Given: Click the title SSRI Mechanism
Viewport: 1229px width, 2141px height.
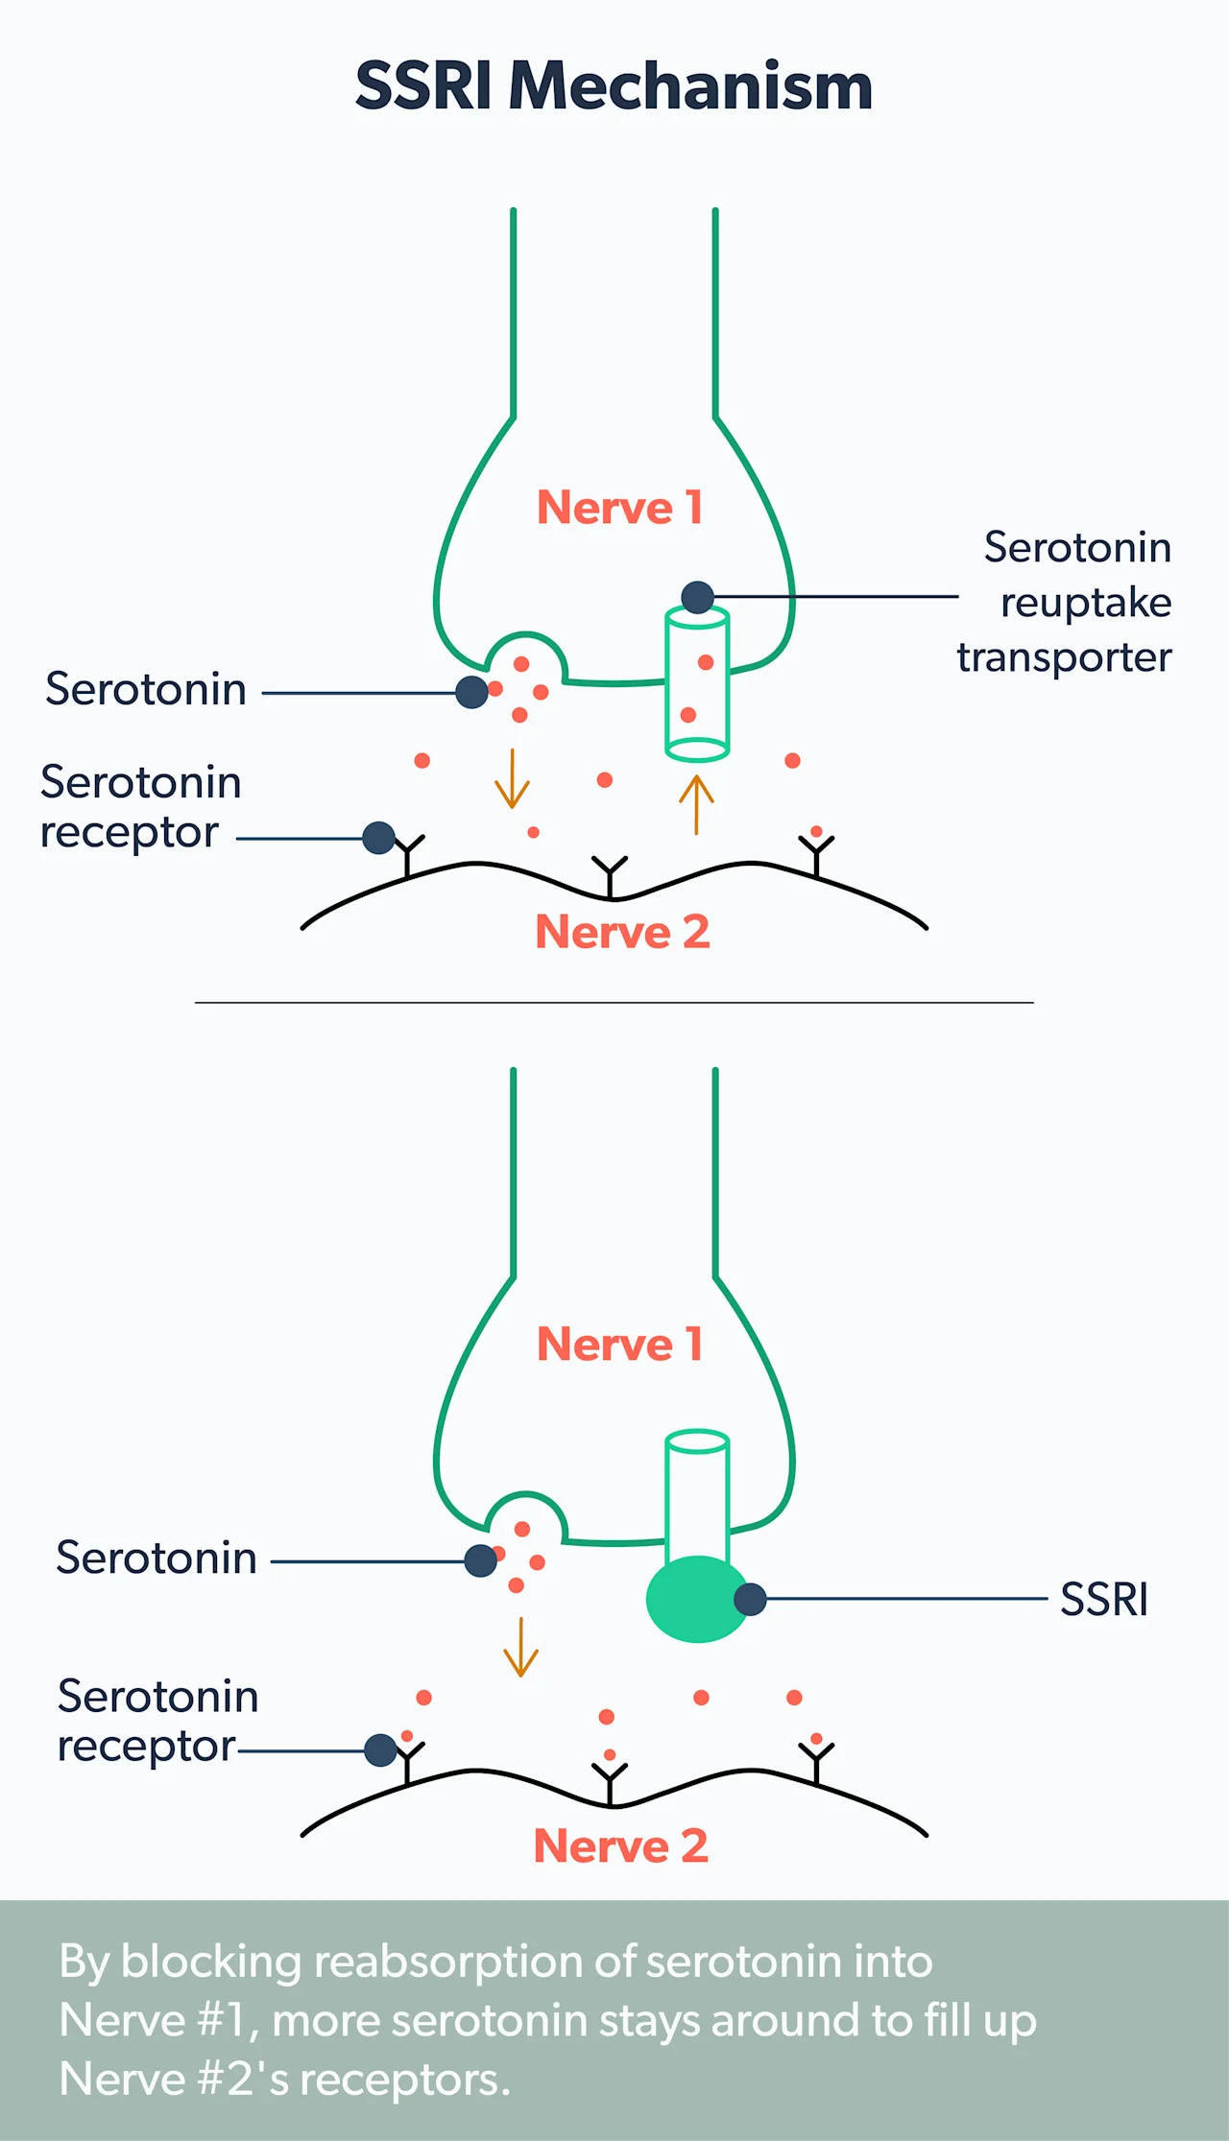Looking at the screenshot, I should [614, 86].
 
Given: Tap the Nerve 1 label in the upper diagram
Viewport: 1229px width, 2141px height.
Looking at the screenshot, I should [619, 508].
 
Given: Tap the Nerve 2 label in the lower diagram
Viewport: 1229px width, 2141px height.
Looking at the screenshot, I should [620, 1845].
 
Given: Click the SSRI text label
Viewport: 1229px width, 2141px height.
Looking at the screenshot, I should [1103, 1600].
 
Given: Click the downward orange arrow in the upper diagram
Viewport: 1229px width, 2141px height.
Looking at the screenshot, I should [512, 778].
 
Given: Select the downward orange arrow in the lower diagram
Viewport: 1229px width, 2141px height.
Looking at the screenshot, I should [520, 1647].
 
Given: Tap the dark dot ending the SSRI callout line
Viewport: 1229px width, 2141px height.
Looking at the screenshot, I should [750, 1599].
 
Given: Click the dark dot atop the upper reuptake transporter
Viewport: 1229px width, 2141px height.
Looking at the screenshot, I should [698, 597].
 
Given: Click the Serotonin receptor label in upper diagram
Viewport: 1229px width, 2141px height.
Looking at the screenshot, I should [139, 807].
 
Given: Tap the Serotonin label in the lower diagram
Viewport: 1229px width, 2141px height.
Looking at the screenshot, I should [157, 1558].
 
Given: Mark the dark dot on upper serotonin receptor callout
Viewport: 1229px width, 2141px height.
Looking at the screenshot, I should [379, 838].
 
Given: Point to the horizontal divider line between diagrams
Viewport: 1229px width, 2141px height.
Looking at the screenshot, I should [614, 1003].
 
